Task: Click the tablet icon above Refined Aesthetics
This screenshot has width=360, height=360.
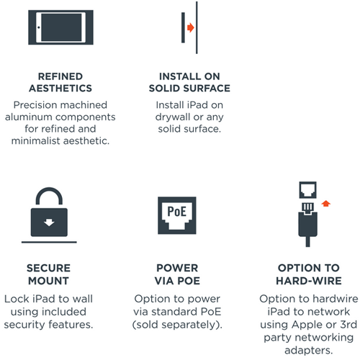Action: pos(60,27)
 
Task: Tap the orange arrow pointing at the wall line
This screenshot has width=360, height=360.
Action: pos(191,27)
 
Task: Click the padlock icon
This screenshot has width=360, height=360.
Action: pos(49,212)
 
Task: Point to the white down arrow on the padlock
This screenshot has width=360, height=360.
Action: pos(49,222)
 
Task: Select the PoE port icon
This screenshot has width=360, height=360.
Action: pos(177,215)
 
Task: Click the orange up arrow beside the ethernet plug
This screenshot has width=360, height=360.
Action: pos(326,204)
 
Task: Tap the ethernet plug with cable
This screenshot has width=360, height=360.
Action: pos(307,225)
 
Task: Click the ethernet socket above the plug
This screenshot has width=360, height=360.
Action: pos(307,190)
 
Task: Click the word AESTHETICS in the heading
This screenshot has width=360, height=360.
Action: pos(60,89)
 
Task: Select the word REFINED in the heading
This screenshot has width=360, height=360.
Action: pos(60,76)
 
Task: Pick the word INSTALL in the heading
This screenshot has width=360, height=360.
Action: pos(180,76)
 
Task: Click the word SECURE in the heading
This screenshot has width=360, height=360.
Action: pos(49,268)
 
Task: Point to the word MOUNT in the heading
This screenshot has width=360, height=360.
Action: pos(49,281)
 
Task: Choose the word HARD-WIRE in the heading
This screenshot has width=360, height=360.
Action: pos(309,281)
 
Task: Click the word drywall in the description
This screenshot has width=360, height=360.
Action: pos(174,117)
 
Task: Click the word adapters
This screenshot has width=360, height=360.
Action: pos(309,351)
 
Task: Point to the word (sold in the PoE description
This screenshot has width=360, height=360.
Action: pos(145,325)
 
